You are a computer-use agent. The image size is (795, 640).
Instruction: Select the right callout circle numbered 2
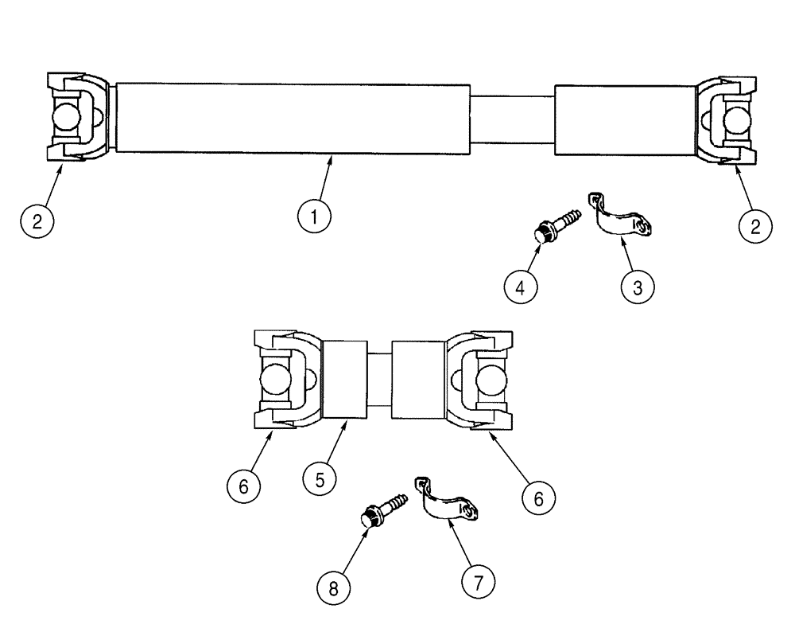click(x=755, y=225)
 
